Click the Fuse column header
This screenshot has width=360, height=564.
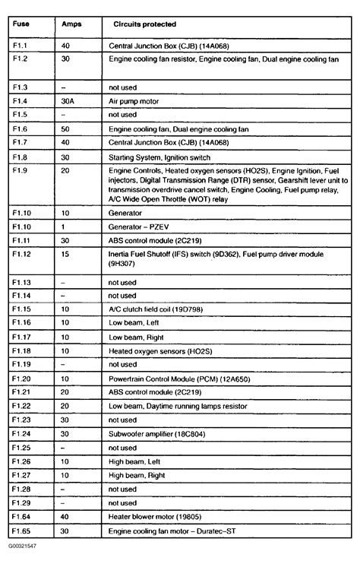(22, 24)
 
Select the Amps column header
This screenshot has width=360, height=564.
(71, 24)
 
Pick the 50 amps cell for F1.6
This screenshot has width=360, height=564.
(65, 129)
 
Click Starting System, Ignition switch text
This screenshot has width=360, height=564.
(166, 157)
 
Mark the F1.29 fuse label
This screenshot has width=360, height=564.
(22, 503)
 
